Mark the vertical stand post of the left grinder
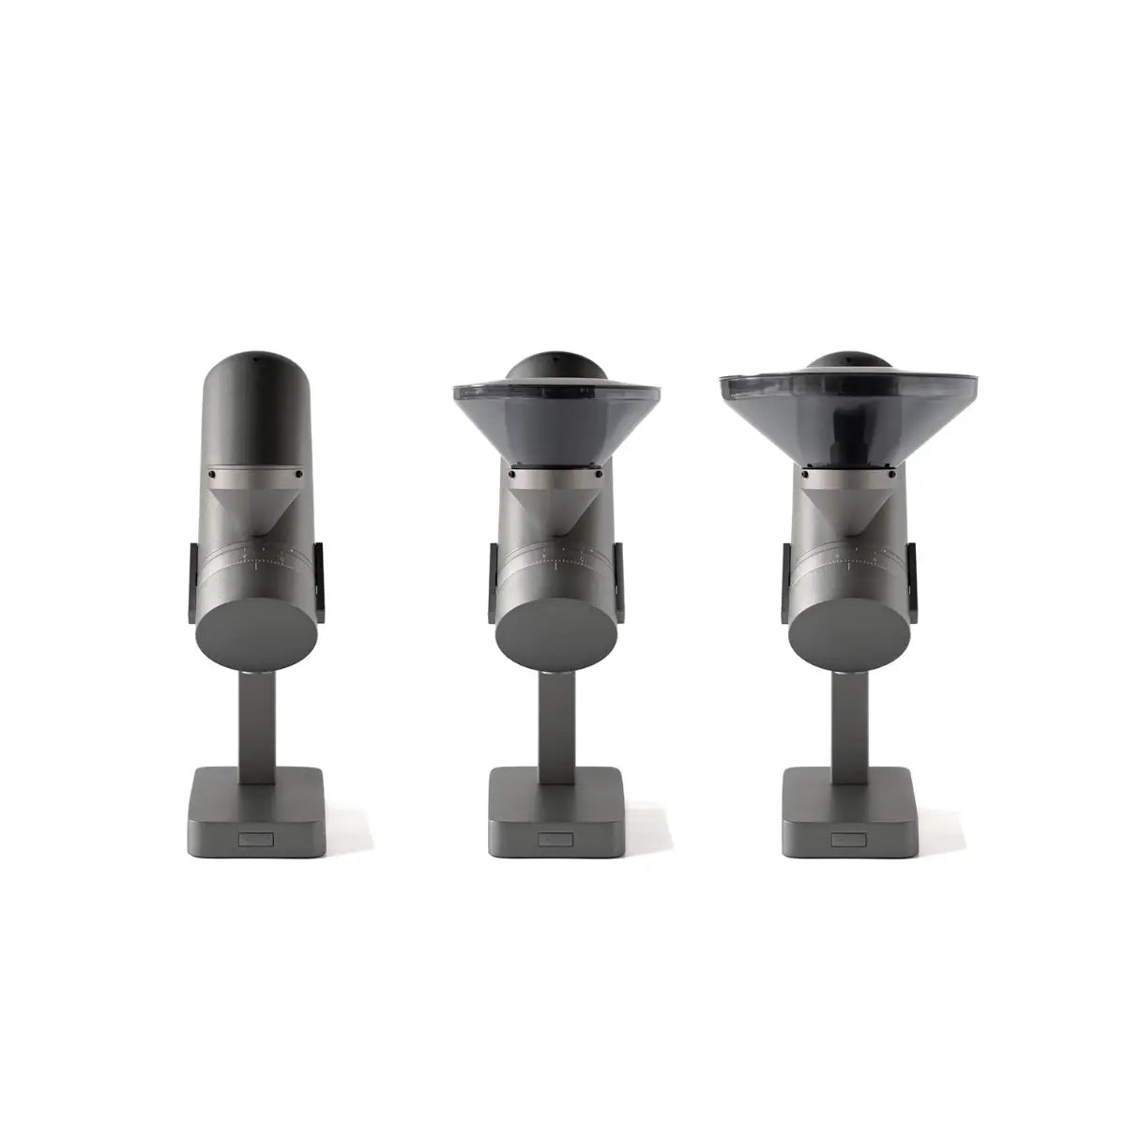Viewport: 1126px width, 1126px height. (x=256, y=723)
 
